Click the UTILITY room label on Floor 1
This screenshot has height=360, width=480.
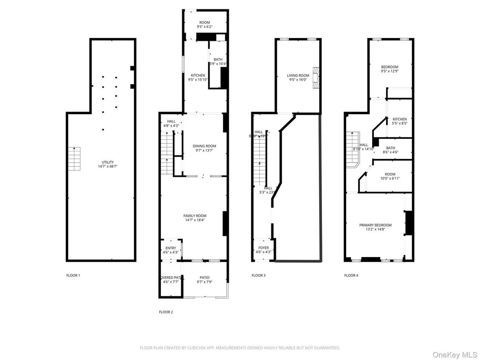[x=107, y=162]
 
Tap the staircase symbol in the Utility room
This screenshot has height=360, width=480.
[x=74, y=159]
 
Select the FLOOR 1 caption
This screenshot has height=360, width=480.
[x=73, y=275]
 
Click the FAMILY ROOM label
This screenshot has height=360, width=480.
[x=195, y=216]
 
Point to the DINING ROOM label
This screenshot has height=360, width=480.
[x=204, y=146]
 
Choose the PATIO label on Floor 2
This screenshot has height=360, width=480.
[x=205, y=278]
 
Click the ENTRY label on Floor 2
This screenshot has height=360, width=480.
[x=171, y=248]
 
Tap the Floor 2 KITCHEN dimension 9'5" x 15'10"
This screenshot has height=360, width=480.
[x=198, y=80]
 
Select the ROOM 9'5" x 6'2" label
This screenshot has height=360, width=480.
[x=205, y=27]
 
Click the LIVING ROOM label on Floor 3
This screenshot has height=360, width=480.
[x=298, y=76]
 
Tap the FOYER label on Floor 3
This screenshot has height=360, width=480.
[x=264, y=248]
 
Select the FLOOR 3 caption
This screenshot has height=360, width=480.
[x=258, y=275]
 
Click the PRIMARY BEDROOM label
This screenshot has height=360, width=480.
[x=375, y=225]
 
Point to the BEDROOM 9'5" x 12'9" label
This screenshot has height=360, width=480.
[x=389, y=67]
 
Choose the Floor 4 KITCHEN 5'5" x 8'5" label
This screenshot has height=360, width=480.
[x=400, y=119]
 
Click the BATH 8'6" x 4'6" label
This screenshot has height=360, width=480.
[x=390, y=148]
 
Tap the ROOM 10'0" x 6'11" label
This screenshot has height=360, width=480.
[x=390, y=174]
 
